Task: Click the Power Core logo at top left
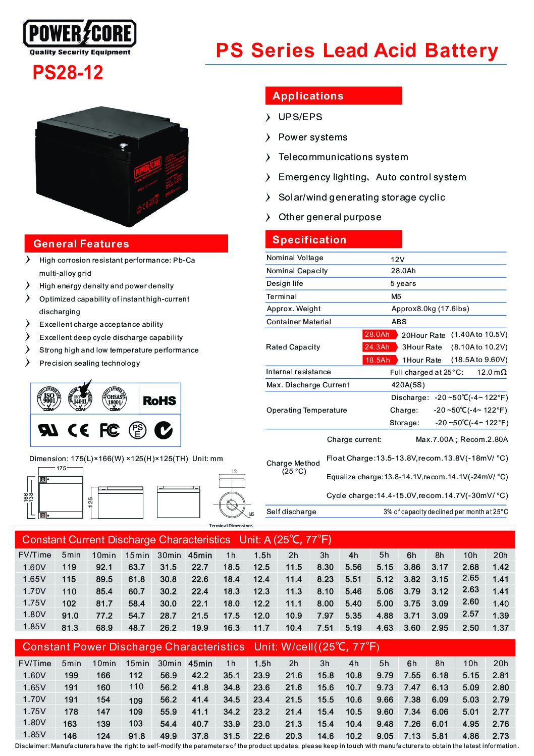tap(80, 36)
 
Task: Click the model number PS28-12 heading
tap(68, 73)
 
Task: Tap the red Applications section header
tap(333, 96)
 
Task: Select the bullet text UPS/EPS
tap(300, 117)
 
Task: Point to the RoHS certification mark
tap(159, 400)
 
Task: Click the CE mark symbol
tap(78, 430)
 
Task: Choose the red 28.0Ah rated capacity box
tap(377, 334)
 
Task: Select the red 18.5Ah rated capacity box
tap(378, 360)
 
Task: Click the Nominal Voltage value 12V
tap(398, 259)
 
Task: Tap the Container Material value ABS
tap(399, 322)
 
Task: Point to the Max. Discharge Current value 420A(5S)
tap(408, 385)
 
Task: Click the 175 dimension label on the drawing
tap(61, 469)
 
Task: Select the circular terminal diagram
tap(232, 505)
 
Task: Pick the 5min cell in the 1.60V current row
tap(69, 567)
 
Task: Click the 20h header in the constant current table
tap(500, 555)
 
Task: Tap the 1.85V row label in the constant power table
tap(34, 735)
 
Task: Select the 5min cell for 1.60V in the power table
tap(71, 676)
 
